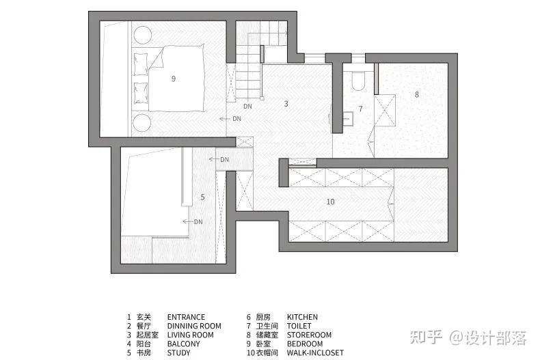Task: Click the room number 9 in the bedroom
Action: tap(174, 79)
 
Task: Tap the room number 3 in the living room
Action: tap(286, 104)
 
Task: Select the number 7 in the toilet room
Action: tap(360, 109)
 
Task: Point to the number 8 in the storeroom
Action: tap(417, 94)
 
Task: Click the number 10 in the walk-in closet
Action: tap(330, 202)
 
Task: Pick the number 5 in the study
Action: tap(202, 197)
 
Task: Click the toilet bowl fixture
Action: tap(358, 81)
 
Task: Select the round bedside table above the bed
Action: tap(142, 35)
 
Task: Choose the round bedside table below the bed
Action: tap(142, 122)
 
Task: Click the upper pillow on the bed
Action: tap(141, 64)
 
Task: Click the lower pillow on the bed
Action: tap(141, 93)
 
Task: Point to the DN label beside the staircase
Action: tap(247, 107)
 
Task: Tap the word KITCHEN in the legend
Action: tap(302, 317)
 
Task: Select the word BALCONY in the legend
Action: tap(184, 344)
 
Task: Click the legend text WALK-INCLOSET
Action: tap(316, 352)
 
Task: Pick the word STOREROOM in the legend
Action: tap(309, 335)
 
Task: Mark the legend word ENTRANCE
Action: tap(186, 317)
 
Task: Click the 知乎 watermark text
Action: tap(426, 337)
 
